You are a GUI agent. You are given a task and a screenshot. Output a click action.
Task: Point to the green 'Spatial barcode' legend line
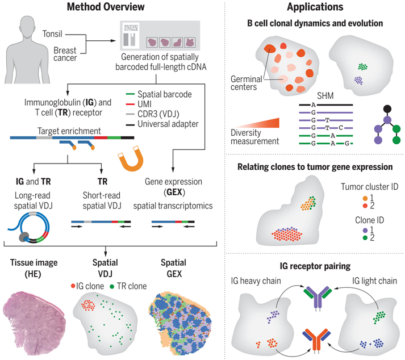pos(131,94)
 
